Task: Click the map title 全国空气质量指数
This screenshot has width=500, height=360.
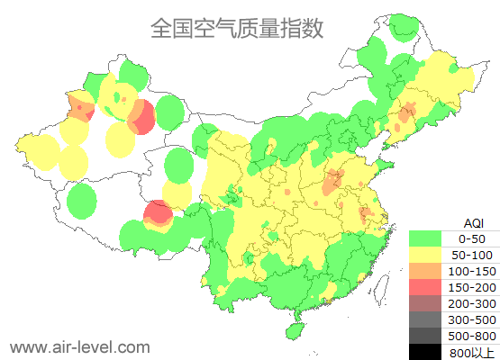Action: point(237,29)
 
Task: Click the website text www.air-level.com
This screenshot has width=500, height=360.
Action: point(79,346)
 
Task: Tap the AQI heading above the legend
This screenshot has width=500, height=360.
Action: point(473,222)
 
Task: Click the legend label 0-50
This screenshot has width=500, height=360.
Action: point(472,238)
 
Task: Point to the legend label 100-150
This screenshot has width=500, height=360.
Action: point(472,271)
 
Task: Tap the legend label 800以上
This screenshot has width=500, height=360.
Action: point(472,352)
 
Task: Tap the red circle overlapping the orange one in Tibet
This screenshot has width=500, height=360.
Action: point(159,212)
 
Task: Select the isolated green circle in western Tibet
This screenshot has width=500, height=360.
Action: point(82,200)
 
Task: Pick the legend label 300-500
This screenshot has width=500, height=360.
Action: point(472,319)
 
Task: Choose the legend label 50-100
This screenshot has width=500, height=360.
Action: point(472,255)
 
